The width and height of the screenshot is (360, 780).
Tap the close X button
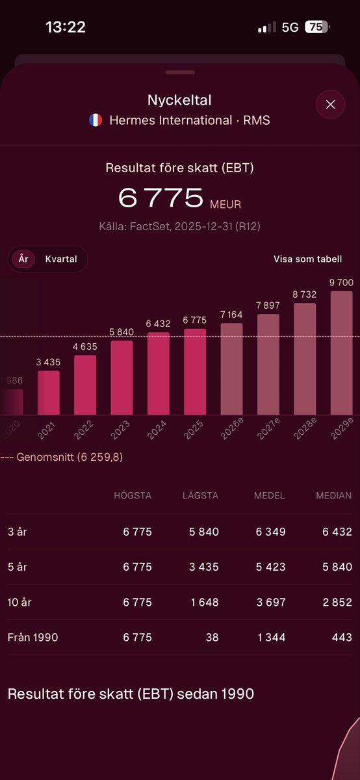[330, 105]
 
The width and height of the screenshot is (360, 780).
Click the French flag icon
[96, 120]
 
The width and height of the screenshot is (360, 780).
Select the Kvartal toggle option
[61, 259]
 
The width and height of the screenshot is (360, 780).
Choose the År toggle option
[23, 259]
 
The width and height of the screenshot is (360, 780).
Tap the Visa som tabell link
[307, 259]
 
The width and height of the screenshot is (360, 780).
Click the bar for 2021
[49, 393]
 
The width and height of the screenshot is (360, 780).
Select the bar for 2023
[122, 378]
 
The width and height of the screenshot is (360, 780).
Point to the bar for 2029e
[341, 353]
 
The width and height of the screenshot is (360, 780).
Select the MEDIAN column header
[334, 495]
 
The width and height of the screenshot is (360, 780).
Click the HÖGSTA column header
[133, 495]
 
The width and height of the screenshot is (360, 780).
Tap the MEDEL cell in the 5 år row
[270, 567]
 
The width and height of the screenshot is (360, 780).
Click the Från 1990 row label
[32, 637]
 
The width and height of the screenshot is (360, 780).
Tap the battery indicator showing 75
[317, 27]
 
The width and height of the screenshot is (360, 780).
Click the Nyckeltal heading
[179, 100]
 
